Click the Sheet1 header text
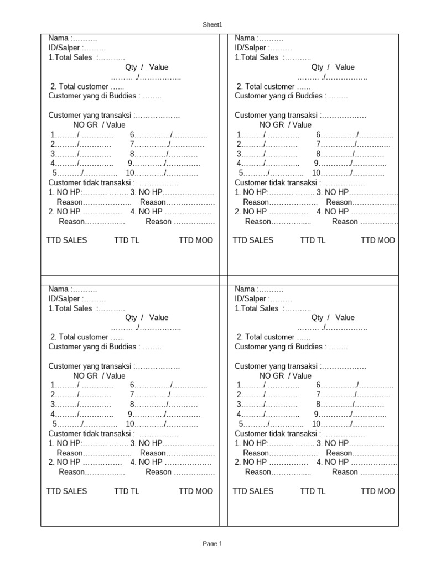(x=212, y=24)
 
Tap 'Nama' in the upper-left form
(x=58, y=38)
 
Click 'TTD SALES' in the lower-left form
(x=66, y=491)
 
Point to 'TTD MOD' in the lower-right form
(x=378, y=491)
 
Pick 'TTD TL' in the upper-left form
(x=127, y=240)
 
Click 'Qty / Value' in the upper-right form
(x=333, y=67)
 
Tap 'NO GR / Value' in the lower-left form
(x=99, y=375)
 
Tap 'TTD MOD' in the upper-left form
(x=196, y=240)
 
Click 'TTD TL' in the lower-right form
(x=313, y=491)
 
